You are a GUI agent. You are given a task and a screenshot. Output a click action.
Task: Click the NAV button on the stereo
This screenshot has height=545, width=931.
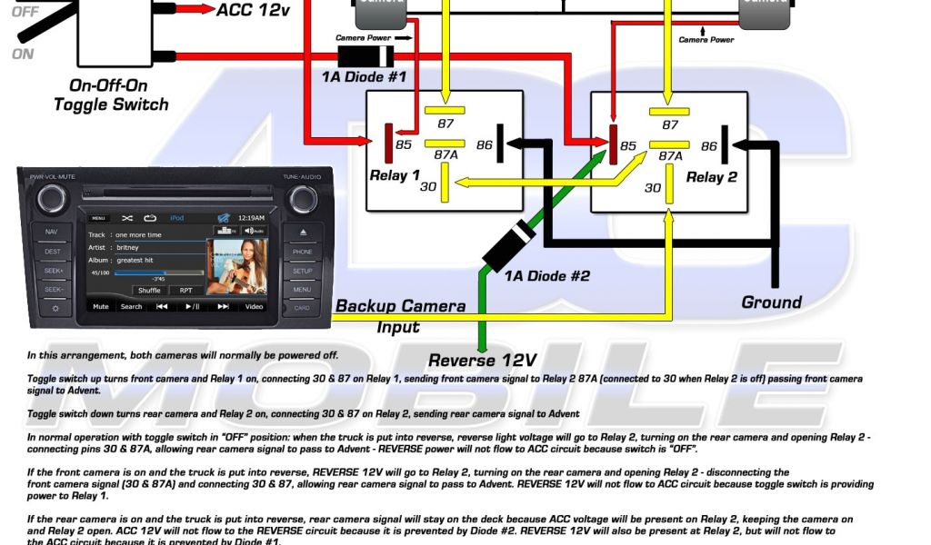51,232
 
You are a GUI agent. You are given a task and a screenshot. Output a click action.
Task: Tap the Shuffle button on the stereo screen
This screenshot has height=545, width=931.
149,290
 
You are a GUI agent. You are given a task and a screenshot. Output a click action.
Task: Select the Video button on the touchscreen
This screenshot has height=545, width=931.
254,306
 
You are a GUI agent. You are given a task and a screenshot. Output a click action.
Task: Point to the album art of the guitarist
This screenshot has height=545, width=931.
236,266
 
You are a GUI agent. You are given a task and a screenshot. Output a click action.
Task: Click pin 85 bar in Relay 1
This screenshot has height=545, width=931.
388,144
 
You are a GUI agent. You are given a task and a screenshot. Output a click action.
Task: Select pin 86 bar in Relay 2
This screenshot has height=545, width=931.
726,145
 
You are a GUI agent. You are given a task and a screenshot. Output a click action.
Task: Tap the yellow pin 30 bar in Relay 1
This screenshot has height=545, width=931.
445,187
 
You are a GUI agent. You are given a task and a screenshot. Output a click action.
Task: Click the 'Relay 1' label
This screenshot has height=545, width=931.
395,175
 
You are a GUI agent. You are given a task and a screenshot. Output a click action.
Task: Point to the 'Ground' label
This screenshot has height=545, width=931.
771,302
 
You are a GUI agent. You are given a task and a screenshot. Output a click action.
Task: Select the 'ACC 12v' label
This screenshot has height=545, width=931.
254,10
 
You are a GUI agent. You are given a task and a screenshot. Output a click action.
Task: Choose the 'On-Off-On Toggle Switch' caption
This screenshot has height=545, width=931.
111,95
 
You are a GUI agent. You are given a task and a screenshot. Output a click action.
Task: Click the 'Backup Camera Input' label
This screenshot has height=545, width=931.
400,316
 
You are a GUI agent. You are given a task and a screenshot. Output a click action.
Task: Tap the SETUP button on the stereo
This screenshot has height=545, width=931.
302,271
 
